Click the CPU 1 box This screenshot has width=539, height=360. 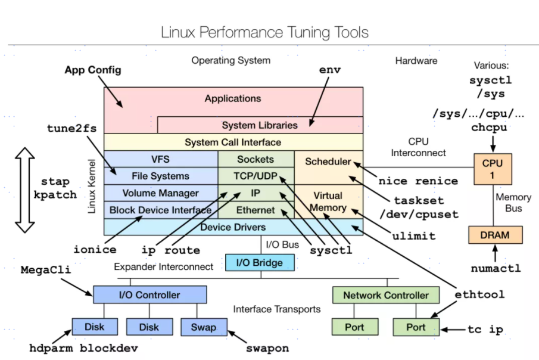click(x=493, y=169)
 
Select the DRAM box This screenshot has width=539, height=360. click(x=495, y=235)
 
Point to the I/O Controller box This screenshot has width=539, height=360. click(x=149, y=294)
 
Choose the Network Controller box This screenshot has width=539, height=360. click(x=385, y=295)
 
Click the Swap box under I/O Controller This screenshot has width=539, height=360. click(x=203, y=327)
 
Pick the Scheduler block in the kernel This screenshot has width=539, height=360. click(x=329, y=162)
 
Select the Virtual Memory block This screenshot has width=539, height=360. click(x=328, y=201)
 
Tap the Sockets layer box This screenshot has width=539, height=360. click(x=256, y=159)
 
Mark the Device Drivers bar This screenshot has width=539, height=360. click(x=233, y=227)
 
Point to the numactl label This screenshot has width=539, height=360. click(x=496, y=268)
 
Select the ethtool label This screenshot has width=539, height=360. click(x=479, y=294)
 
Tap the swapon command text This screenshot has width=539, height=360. click(x=267, y=348)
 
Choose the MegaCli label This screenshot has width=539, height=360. click(x=46, y=270)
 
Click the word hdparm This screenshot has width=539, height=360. click(x=52, y=348)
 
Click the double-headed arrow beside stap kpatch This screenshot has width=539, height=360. click(x=26, y=190)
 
